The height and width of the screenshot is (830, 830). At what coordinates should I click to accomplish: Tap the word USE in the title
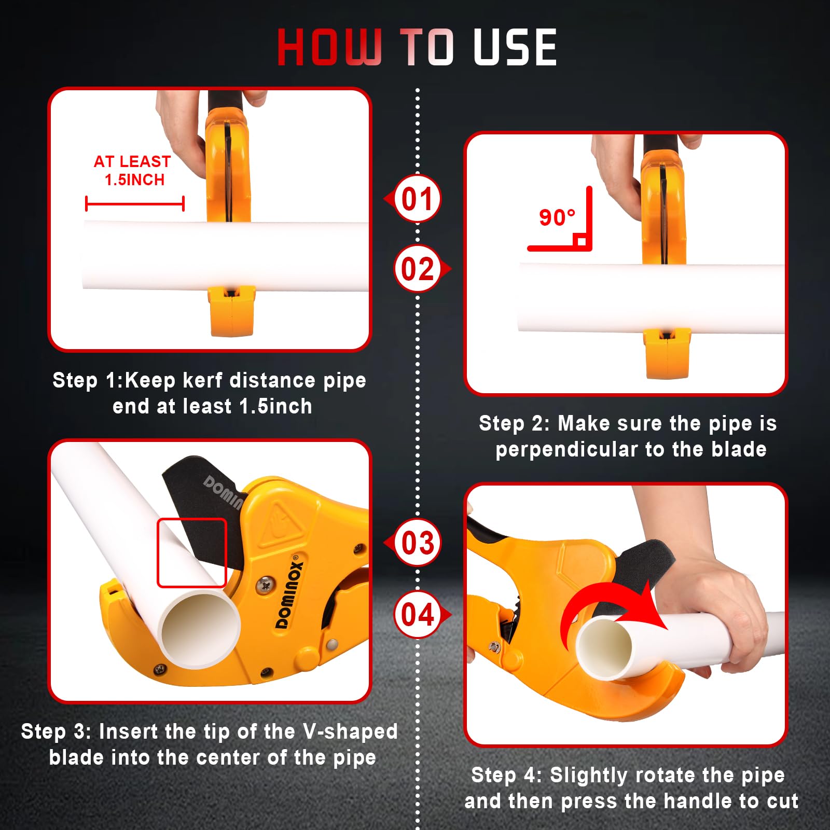pyautogui.click(x=515, y=47)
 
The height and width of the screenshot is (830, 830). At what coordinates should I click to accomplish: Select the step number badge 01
pyautogui.click(x=417, y=199)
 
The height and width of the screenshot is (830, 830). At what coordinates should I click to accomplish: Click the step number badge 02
pyautogui.click(x=418, y=269)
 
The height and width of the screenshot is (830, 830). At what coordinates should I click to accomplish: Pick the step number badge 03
pyautogui.click(x=417, y=543)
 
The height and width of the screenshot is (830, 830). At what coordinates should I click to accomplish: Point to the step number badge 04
pyautogui.click(x=418, y=615)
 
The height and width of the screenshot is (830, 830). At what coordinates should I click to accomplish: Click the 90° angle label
pyautogui.click(x=557, y=217)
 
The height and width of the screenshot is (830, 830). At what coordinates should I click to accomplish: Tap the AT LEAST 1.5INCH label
pyautogui.click(x=132, y=171)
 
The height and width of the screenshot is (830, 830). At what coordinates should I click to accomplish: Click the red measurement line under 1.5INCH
pyautogui.click(x=135, y=204)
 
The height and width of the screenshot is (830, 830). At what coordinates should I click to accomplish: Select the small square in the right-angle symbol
pyautogui.click(x=581, y=241)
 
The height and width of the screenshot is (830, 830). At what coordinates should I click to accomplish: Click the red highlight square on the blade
pyautogui.click(x=192, y=553)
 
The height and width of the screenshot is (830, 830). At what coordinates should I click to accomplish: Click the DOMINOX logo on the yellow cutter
pyautogui.click(x=289, y=591)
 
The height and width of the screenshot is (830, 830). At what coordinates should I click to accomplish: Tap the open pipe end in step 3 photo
pyautogui.click(x=200, y=630)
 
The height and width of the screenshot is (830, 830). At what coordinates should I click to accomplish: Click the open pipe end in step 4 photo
pyautogui.click(x=604, y=648)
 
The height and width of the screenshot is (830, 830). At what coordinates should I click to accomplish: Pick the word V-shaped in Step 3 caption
pyautogui.click(x=351, y=731)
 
